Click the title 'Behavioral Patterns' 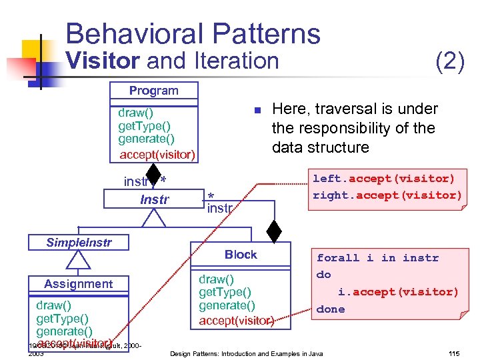(x=193, y=33)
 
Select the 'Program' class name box (x=154, y=91)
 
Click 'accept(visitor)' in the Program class (x=157, y=155)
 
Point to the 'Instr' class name (x=155, y=199)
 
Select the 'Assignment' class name (x=79, y=284)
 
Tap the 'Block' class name (x=241, y=255)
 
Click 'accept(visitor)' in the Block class (x=237, y=321)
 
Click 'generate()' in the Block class (x=227, y=305)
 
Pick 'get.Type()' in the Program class (x=144, y=125)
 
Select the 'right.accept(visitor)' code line (x=387, y=195)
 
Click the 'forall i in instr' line (x=377, y=258)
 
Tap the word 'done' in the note (x=331, y=309)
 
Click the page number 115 (x=455, y=353)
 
